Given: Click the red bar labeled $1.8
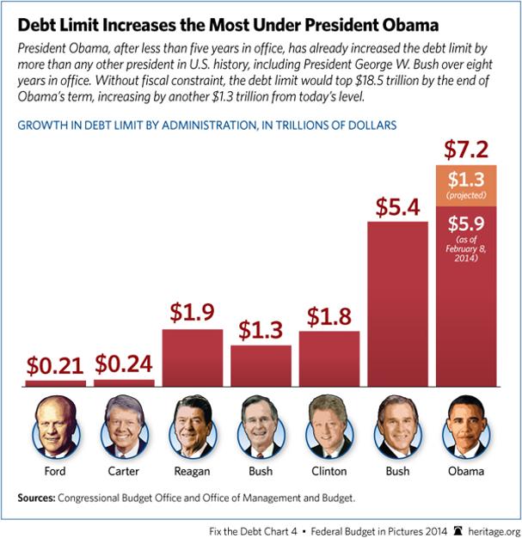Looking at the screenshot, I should [x=329, y=357].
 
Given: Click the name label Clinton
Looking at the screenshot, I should [x=329, y=470].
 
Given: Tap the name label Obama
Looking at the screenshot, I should [x=467, y=470].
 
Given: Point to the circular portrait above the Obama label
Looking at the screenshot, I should [x=467, y=427].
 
